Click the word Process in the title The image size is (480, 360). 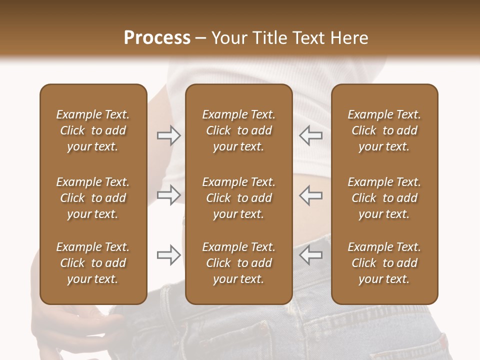(157, 38)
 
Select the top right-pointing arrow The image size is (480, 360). (169, 135)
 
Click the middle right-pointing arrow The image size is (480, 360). (169, 195)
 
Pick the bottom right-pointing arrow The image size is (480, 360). (169, 255)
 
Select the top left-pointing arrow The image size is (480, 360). (310, 135)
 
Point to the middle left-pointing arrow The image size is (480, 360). (310, 195)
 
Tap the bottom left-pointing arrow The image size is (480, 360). (310, 255)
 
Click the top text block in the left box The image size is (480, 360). (93, 130)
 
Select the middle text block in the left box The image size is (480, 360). (93, 198)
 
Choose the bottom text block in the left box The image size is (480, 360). (93, 263)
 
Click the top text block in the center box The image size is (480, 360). (238, 130)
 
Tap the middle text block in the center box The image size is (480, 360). (238, 198)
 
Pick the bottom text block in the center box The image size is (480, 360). (238, 263)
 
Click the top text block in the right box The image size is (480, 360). (384, 130)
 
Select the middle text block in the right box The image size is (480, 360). (384, 198)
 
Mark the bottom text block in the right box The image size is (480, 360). (384, 263)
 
